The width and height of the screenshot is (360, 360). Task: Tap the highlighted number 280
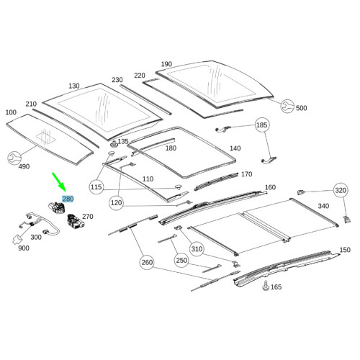tap(68, 199)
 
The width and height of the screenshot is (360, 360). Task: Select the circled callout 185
tap(261, 125)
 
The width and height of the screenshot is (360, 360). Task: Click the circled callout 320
tap(341, 190)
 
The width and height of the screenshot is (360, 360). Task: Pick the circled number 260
tap(147, 262)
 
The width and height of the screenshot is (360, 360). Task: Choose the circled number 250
tap(181, 260)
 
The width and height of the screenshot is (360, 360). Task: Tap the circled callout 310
tap(197, 249)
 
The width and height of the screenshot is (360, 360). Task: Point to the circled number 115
tap(96, 186)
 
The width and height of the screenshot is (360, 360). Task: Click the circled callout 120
tap(116, 203)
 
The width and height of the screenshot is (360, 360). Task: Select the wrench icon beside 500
tap(287, 106)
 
